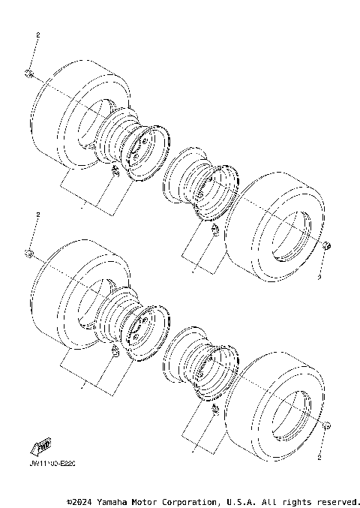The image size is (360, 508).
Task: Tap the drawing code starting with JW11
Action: pos(53,464)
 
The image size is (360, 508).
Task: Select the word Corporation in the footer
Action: pos(187,501)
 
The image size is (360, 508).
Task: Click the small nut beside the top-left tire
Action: pos(28,72)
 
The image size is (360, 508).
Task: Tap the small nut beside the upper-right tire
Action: pos(326,246)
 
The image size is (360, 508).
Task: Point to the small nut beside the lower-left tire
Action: pos(28,252)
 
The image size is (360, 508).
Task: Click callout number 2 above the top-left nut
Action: pos(37,35)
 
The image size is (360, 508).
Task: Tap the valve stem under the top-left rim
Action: pos(115,173)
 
